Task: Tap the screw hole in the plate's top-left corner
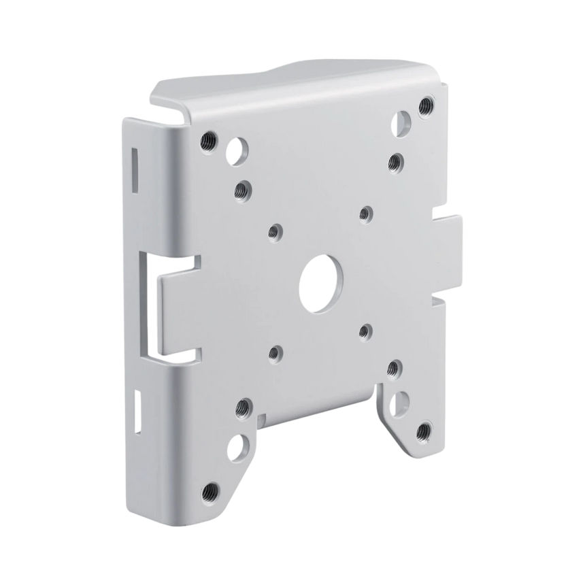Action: pos(207,140)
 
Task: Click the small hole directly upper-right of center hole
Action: pos(366,214)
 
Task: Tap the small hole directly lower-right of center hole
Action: pos(365,331)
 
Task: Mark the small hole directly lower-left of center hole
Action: pos(274,353)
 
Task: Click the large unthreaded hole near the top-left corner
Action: pos(237,152)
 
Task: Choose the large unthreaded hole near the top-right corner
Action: pos(401,122)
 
